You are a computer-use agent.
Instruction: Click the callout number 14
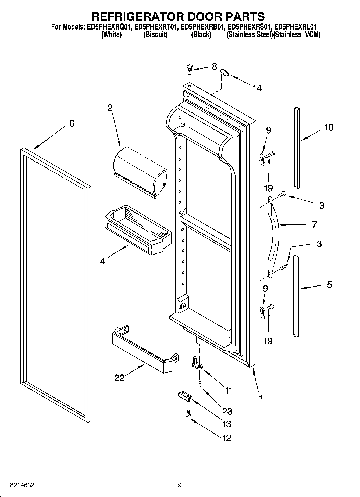point(257,88)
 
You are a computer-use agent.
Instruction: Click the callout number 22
point(119,378)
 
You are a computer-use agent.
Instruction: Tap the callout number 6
point(72,123)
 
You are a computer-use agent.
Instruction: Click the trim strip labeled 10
point(297,148)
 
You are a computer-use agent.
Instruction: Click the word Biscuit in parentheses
point(155,35)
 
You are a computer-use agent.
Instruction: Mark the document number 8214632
point(22,485)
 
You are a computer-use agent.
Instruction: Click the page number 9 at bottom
point(180,485)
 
